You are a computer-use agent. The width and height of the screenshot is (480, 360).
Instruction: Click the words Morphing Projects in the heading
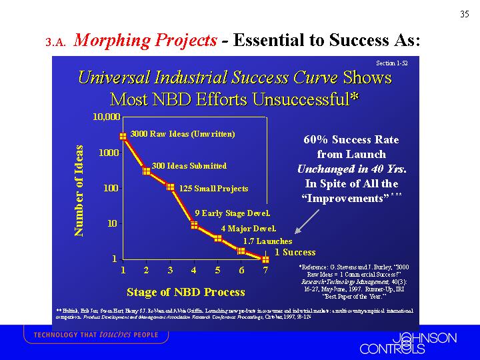(146, 40)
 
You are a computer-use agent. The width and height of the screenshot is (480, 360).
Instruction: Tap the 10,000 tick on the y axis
(105, 117)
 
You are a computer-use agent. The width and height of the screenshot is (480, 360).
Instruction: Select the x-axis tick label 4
(193, 271)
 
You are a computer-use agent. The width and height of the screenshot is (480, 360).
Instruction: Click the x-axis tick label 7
(265, 271)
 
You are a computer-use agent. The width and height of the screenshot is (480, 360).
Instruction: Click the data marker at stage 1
(123, 136)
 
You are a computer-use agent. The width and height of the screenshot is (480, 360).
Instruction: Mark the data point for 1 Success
(265, 258)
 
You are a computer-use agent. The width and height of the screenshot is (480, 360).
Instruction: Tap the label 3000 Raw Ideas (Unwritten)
(183, 134)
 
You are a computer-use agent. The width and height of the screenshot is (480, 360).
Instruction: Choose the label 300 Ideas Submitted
(189, 165)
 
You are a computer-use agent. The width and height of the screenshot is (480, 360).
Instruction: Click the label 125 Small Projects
(213, 189)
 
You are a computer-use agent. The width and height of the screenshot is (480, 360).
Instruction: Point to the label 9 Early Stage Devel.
(232, 213)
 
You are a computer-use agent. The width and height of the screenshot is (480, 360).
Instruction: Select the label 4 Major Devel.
(248, 229)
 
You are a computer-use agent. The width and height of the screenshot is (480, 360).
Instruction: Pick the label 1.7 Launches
(267, 241)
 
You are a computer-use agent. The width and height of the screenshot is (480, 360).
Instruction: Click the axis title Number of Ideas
(79, 190)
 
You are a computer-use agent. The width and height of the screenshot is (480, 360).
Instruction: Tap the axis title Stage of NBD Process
(185, 292)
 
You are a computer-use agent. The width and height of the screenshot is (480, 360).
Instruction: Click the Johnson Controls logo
(408, 343)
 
